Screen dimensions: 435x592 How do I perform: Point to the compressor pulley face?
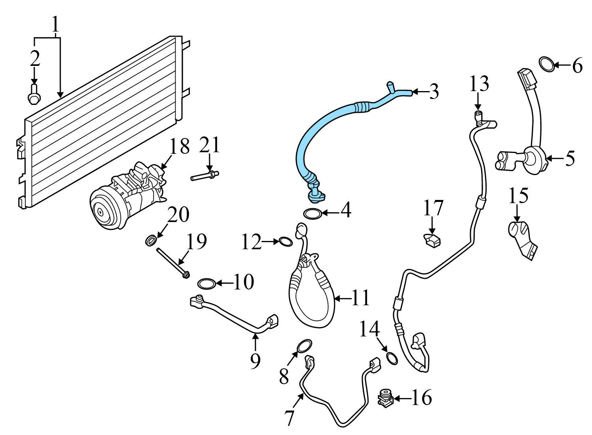[x=101, y=212]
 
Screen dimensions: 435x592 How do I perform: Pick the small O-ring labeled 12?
[x=286, y=241]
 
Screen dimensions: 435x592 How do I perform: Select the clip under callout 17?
[x=433, y=240]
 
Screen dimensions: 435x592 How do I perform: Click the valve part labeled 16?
[x=385, y=398]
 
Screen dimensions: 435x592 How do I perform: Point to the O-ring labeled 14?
[x=392, y=358]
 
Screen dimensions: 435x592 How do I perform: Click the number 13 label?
[x=479, y=84]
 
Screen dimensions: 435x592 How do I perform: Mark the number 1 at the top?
[x=56, y=24]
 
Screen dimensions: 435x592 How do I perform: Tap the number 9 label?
[x=255, y=360]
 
